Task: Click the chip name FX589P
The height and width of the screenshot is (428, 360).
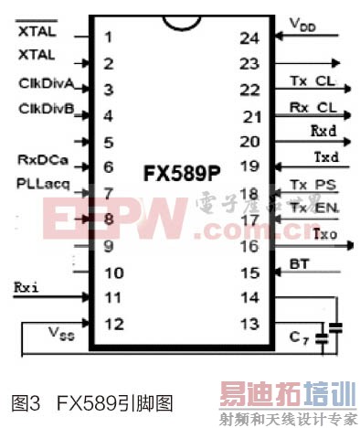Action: (181, 172)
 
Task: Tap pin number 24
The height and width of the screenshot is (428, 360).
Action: (249, 38)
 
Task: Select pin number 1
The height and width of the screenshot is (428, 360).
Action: (109, 37)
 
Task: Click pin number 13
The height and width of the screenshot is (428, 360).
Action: (249, 324)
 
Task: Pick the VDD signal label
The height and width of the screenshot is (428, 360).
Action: (303, 22)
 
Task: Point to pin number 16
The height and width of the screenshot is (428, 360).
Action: (249, 246)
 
